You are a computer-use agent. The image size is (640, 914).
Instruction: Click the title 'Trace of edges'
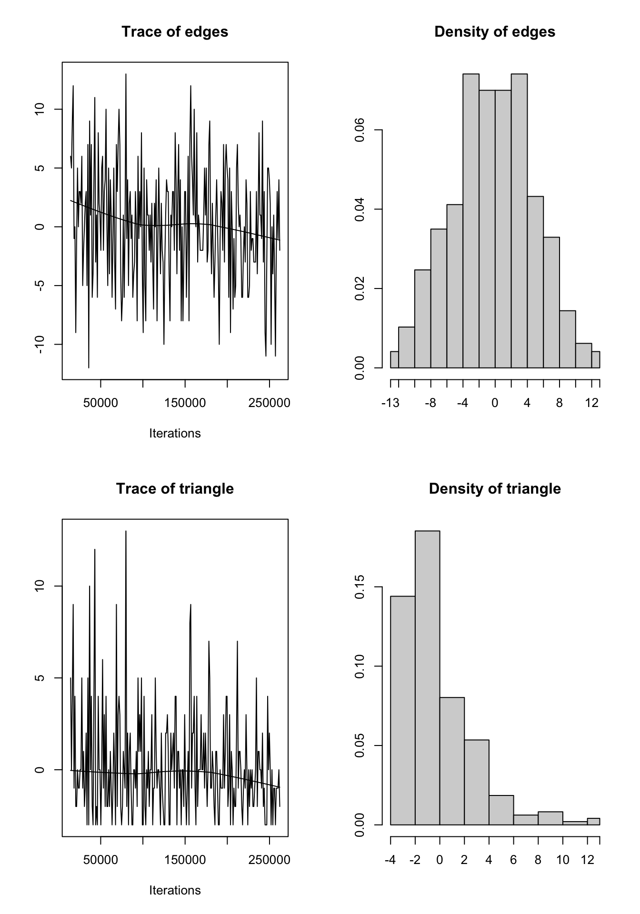(175, 32)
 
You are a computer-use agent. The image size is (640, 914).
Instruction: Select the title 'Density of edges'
(495, 32)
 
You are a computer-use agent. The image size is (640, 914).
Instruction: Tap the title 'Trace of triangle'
(175, 489)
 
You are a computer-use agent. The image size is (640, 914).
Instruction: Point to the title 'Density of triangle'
(495, 489)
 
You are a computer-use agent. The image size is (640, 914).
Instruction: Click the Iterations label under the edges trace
(175, 434)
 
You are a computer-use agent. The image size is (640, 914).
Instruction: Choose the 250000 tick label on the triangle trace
(270, 860)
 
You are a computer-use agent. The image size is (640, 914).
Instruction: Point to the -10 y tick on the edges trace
(40, 344)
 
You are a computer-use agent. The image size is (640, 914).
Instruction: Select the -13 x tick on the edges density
(390, 404)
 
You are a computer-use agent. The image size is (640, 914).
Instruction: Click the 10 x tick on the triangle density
(563, 860)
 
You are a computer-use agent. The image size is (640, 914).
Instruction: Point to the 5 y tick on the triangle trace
(40, 678)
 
